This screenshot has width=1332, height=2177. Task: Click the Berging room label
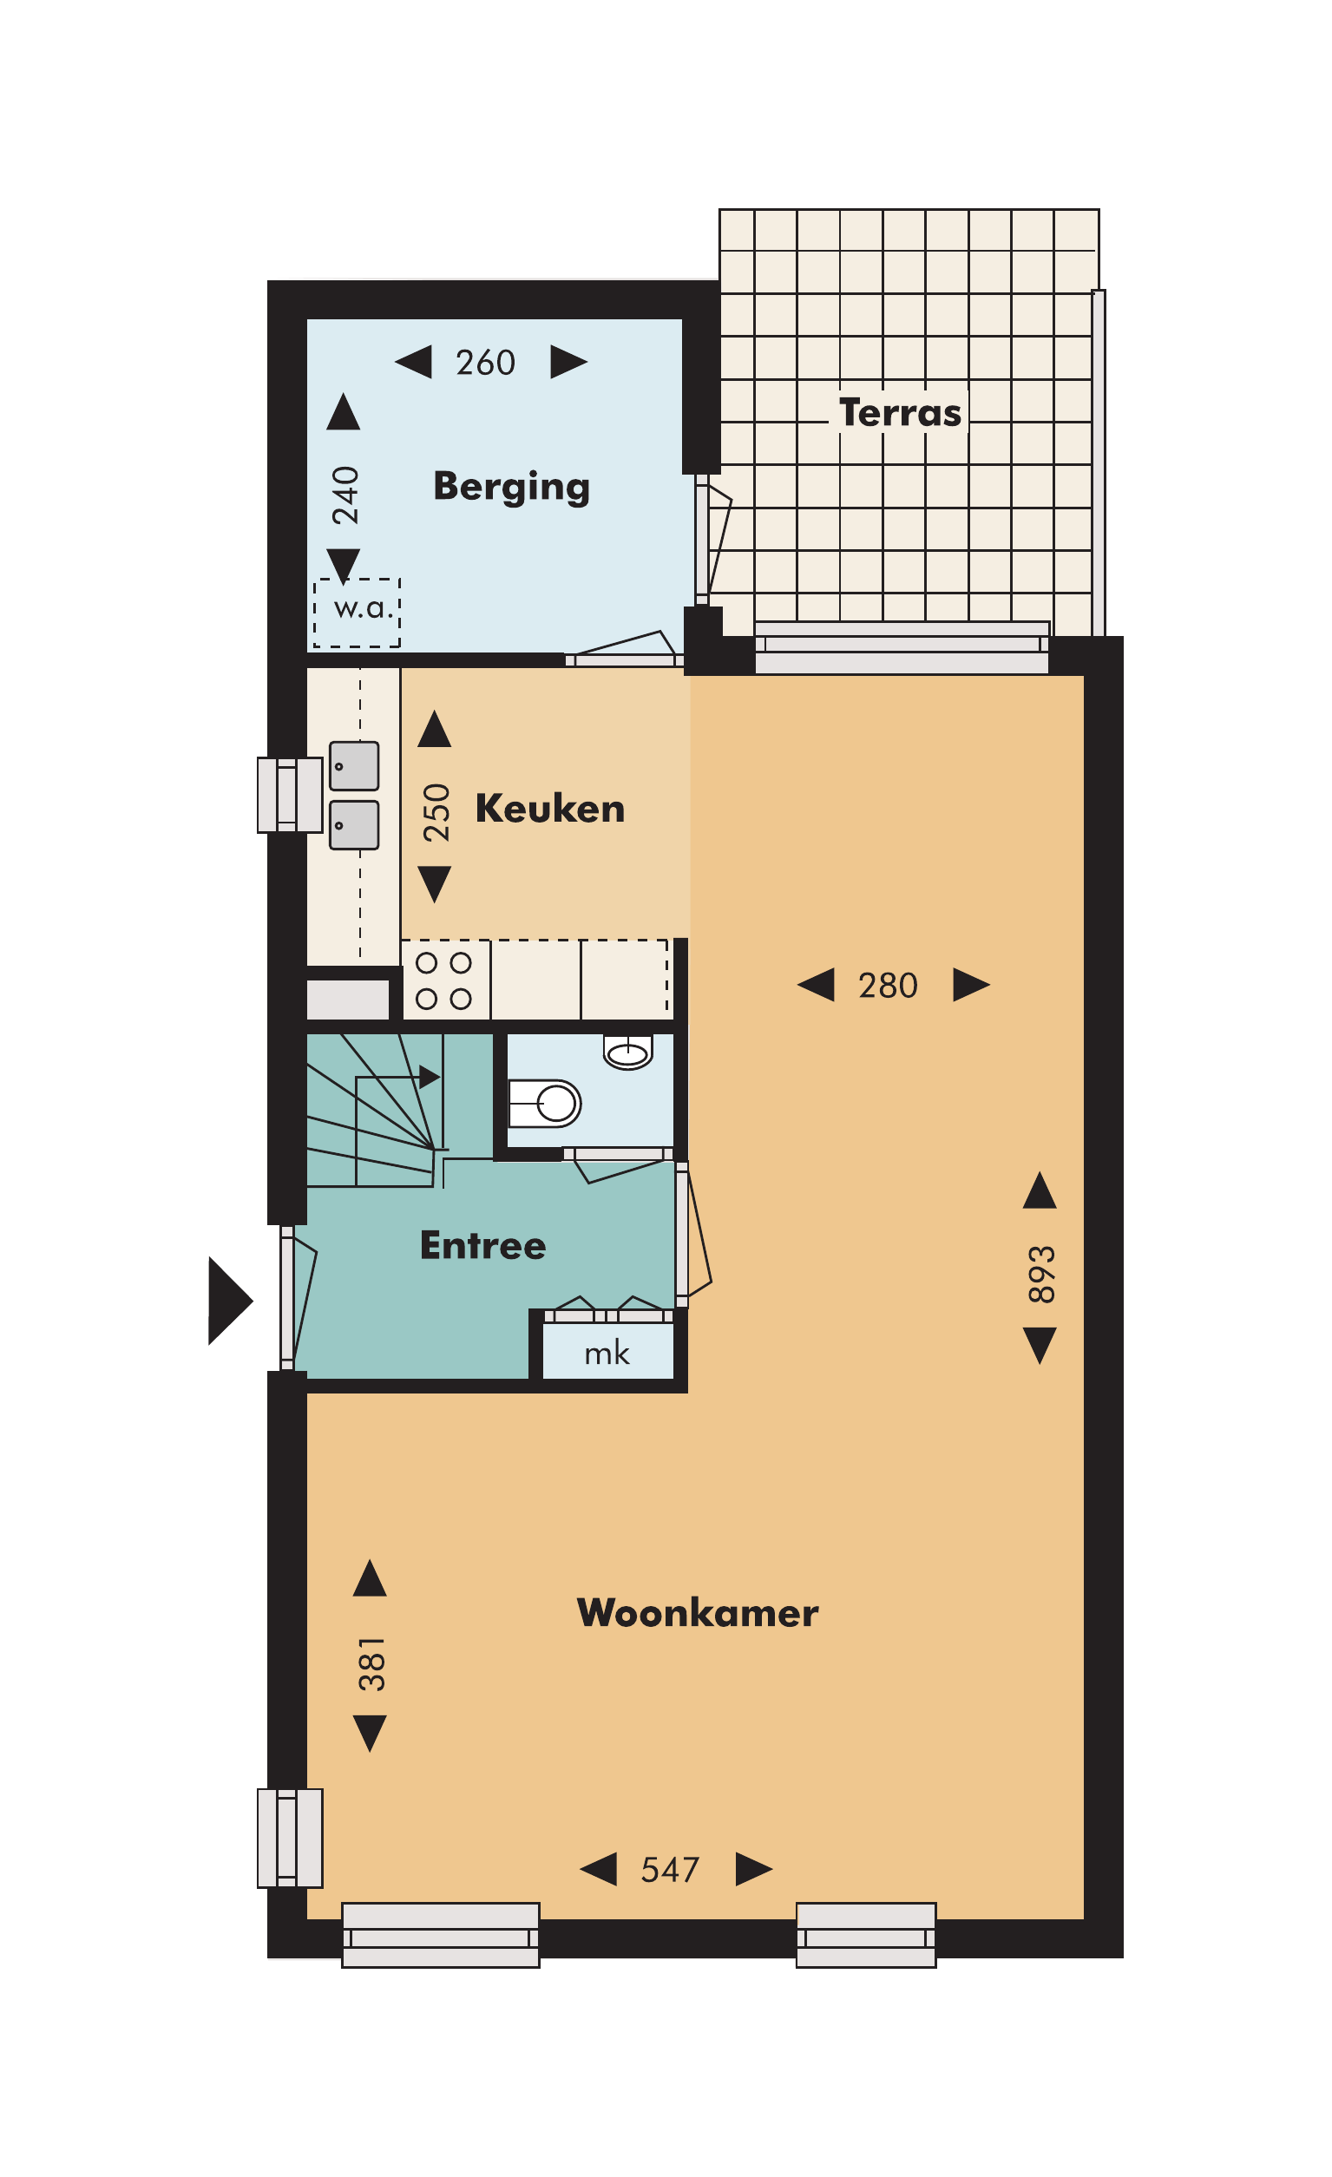(511, 488)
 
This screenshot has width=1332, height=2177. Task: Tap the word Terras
(900, 413)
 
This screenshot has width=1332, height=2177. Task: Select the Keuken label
(550, 810)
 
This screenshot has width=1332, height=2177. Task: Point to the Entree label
(482, 1246)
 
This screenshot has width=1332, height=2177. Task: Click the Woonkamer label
(698, 1613)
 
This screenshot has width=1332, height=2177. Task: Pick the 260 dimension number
(485, 362)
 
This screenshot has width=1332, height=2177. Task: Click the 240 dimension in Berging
(345, 495)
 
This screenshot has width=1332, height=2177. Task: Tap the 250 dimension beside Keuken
(436, 813)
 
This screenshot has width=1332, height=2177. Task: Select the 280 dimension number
(889, 985)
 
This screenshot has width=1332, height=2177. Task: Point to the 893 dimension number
(1042, 1275)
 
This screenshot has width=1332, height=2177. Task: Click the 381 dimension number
(372, 1664)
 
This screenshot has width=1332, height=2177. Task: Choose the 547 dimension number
(670, 1870)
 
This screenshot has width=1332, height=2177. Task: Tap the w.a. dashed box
(358, 613)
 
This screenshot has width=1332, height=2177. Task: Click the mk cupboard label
(607, 1354)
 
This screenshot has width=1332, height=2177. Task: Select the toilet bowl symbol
(545, 1104)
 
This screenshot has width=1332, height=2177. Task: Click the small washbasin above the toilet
(627, 1052)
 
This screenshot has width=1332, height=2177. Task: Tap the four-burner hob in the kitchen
(445, 980)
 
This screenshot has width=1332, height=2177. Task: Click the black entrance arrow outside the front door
(230, 1301)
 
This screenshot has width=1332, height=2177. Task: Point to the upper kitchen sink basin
(354, 765)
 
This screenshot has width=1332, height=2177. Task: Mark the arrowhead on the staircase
(430, 1077)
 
